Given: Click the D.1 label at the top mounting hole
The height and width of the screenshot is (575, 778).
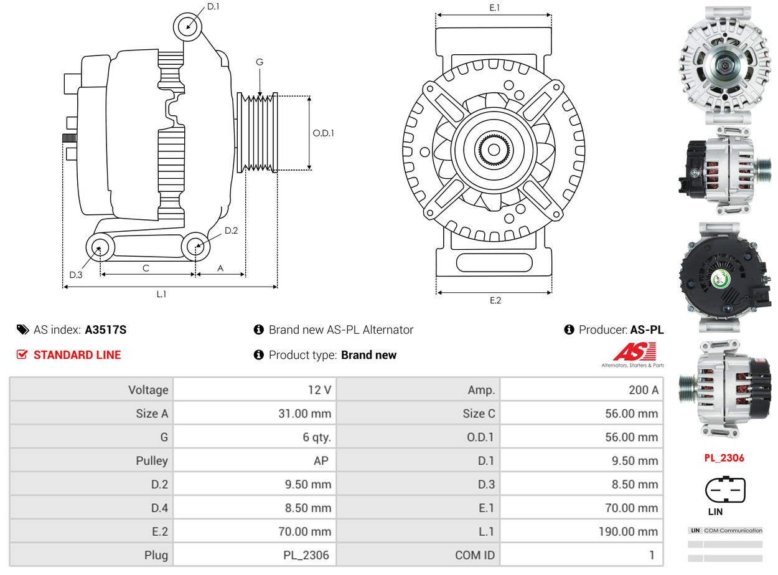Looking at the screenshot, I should point(213,7).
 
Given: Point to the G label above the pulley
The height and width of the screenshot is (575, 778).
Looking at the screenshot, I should point(260,62).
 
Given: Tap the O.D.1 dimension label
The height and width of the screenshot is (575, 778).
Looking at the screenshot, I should point(323,133).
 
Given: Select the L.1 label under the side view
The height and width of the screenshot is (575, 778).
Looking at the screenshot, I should point(161,294).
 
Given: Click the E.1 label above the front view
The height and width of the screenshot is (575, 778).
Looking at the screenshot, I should point(495,7).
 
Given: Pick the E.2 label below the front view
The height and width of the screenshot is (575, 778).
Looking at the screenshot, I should point(495,300).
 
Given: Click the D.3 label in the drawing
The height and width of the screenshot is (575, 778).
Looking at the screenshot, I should point(76,275).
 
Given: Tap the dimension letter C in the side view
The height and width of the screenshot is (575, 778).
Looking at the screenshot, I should point(146,268).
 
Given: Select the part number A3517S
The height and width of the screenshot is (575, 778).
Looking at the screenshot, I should point(105,330).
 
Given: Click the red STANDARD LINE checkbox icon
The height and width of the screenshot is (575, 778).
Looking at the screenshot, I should point(22,355).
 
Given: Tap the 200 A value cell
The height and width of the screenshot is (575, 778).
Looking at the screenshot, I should point(643,390).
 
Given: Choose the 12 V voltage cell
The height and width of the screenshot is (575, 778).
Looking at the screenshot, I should point(319,390).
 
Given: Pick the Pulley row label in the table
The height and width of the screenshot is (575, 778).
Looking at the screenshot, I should point(152,461).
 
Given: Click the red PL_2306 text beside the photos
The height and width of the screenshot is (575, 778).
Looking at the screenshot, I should point(724,458).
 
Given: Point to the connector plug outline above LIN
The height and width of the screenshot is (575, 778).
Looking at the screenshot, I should point(724,490).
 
